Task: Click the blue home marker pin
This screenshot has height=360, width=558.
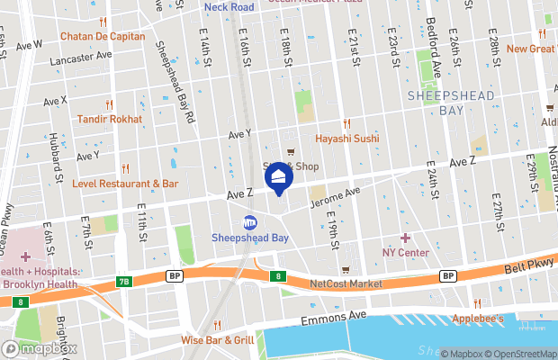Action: (279, 176)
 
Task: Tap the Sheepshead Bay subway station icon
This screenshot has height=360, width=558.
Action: (249, 222)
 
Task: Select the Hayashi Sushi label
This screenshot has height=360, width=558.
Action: (346, 139)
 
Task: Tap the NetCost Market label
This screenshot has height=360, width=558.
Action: (346, 283)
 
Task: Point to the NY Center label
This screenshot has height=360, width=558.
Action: (405, 252)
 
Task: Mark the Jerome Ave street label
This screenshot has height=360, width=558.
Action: (334, 197)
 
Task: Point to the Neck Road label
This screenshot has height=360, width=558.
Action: (229, 6)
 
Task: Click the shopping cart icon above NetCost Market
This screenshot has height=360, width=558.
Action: (345, 269)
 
